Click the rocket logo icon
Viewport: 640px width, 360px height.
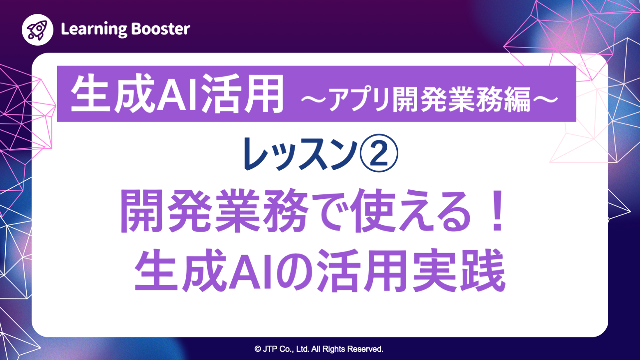pyautogui.click(x=37, y=30)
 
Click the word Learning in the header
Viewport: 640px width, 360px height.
pyautogui.click(x=94, y=29)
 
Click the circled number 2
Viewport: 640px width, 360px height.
pyautogui.click(x=379, y=153)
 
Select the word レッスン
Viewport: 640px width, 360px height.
pyautogui.click(x=300, y=154)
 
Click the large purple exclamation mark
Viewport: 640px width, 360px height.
pyautogui.click(x=498, y=212)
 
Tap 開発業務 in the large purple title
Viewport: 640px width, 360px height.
pyautogui.click(x=214, y=212)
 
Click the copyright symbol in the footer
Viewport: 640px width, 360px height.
pyautogui.click(x=258, y=349)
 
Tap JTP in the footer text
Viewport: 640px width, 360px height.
pyautogui.click(x=270, y=349)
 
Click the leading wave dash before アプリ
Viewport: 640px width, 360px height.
pyautogui.click(x=314, y=99)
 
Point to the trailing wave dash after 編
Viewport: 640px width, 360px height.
pyautogui.click(x=545, y=99)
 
